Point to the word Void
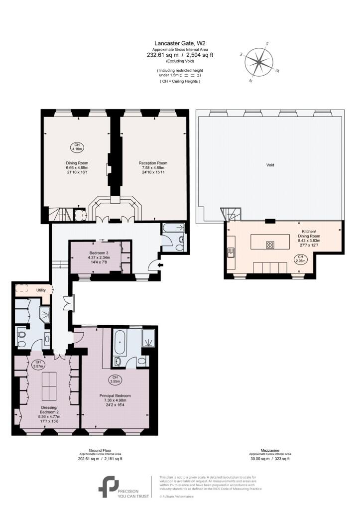click(x=270, y=165)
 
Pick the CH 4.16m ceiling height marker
click(x=77, y=146)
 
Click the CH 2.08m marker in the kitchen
click(x=300, y=258)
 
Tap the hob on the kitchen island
click(x=271, y=245)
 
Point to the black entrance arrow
click(x=159, y=266)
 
